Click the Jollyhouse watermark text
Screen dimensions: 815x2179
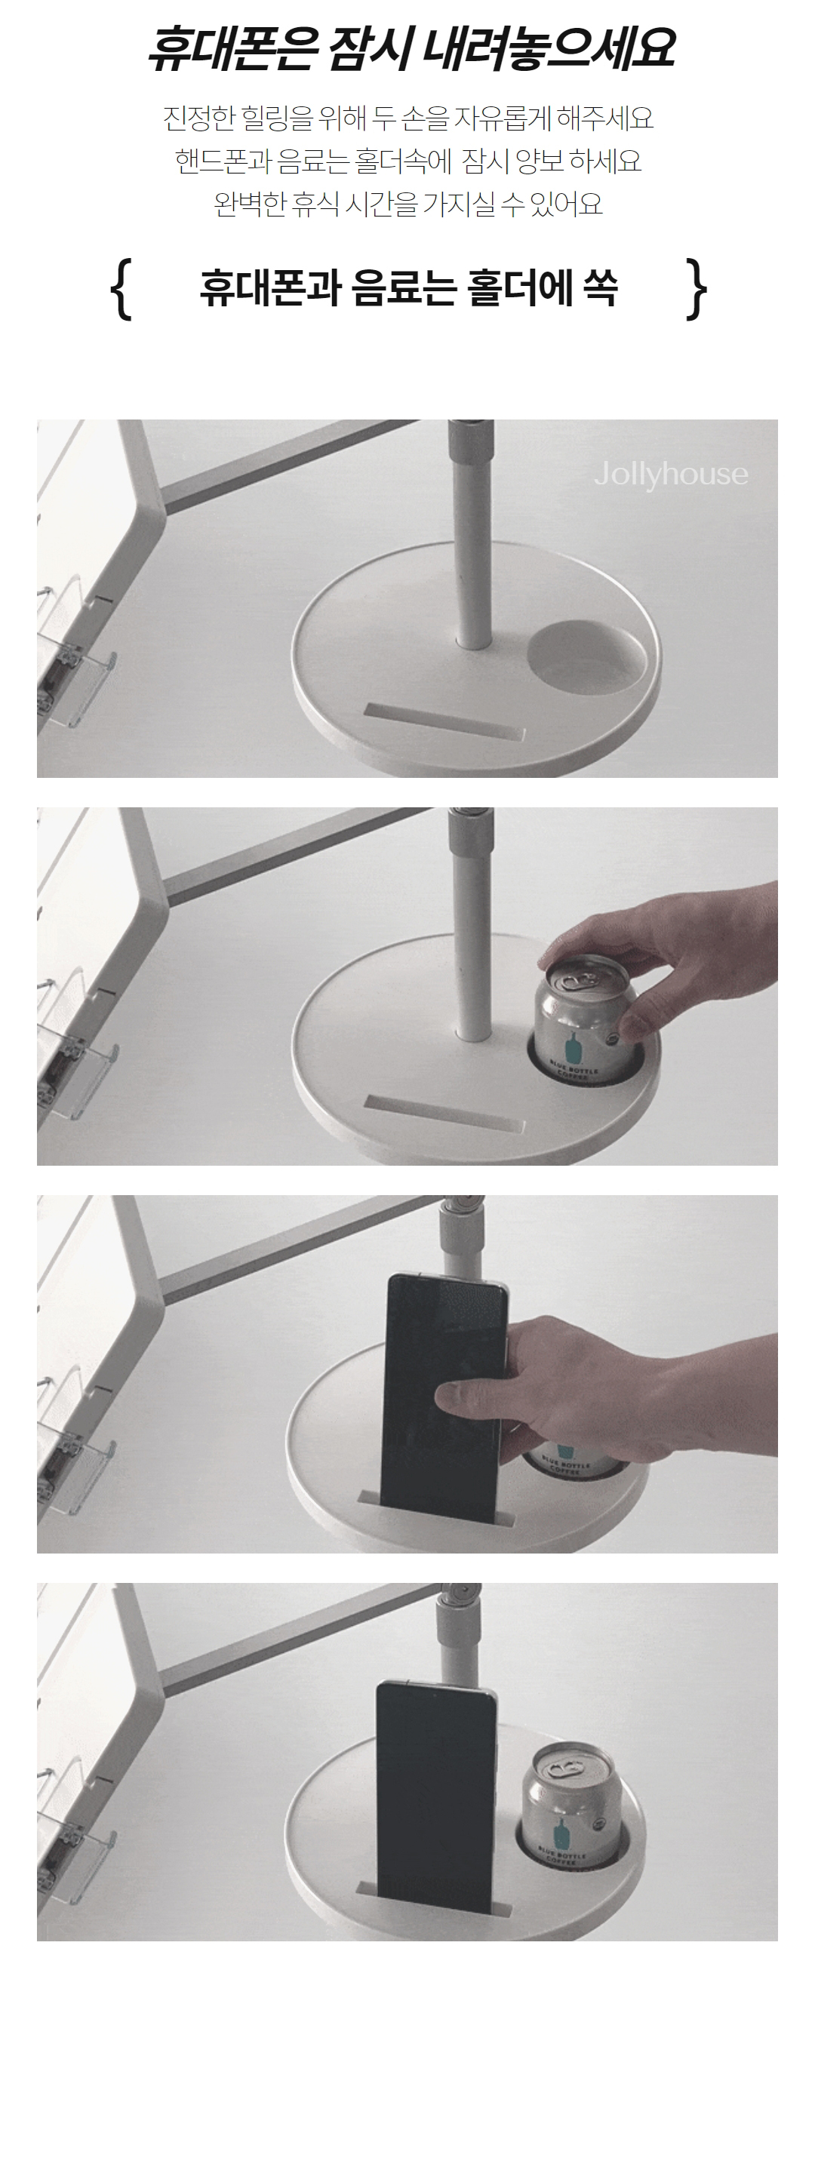pos(671,474)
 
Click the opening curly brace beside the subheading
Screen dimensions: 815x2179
pos(121,289)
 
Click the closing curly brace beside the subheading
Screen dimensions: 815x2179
pos(696,289)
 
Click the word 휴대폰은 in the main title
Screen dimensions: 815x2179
pos(231,48)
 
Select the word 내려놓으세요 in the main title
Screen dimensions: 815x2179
pos(548,48)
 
